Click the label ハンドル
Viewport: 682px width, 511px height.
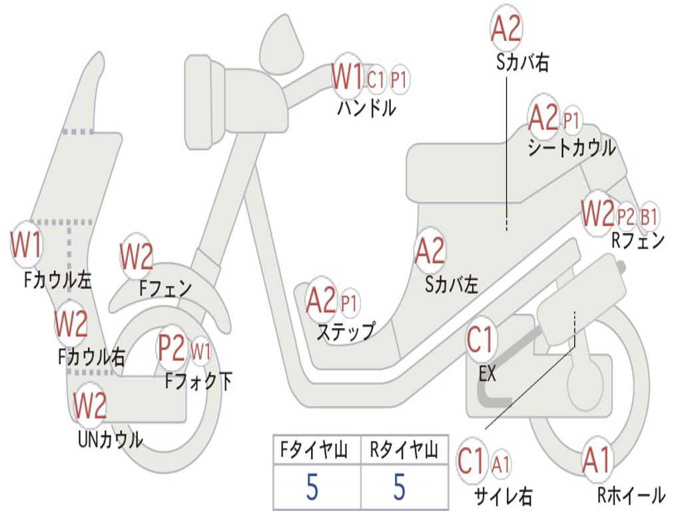click(366, 107)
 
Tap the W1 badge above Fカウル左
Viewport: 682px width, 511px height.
click(27, 246)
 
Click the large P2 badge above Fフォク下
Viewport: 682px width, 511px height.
click(172, 347)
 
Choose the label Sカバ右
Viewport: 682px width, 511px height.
click(523, 63)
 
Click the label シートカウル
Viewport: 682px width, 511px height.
click(571, 148)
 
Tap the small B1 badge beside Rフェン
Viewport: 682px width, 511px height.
click(649, 217)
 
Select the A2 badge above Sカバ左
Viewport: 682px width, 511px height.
click(430, 251)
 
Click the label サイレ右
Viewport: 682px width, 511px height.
click(504, 496)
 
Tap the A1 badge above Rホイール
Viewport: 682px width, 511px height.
click(596, 460)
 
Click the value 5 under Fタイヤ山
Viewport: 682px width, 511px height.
click(312, 487)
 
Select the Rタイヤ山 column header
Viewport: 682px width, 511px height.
click(404, 451)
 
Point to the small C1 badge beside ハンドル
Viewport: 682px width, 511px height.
click(376, 80)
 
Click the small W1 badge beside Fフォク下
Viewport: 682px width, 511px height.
click(200, 349)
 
